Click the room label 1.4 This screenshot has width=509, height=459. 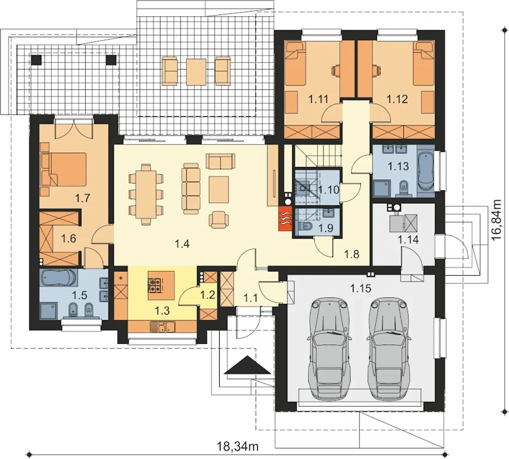click(183, 244)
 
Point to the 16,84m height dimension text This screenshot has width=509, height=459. click(496, 219)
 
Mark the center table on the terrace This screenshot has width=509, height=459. click(196, 72)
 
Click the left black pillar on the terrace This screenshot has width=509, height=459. click(37, 60)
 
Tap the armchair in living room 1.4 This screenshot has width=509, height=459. click(219, 220)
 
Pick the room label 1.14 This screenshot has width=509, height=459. click(408, 239)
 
